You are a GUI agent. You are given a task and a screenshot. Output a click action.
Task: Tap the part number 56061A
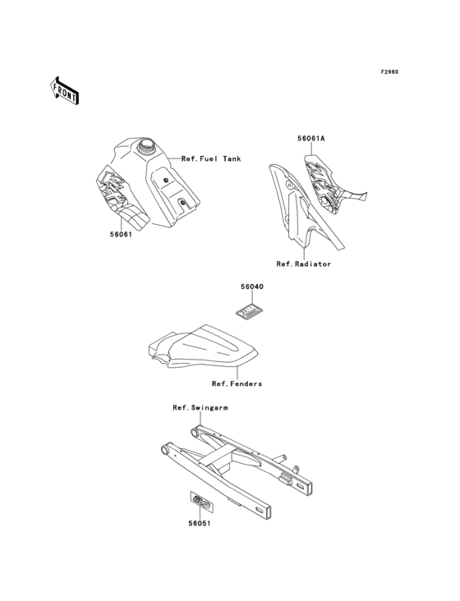pyautogui.click(x=311, y=139)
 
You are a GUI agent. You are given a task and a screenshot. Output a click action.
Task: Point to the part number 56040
pyautogui.click(x=251, y=287)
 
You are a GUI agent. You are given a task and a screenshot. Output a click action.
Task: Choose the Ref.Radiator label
pyautogui.click(x=304, y=264)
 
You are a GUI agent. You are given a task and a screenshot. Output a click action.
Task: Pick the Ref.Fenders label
pyautogui.click(x=237, y=383)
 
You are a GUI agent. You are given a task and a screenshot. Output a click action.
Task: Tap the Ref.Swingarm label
pyautogui.click(x=200, y=407)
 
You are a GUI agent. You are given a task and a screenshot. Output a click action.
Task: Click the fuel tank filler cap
pyautogui.click(x=149, y=149)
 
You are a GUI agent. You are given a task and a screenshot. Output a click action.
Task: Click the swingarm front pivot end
pyautogui.click(x=168, y=451)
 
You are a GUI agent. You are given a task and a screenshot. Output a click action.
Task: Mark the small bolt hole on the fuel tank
pyautogui.click(x=167, y=181)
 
